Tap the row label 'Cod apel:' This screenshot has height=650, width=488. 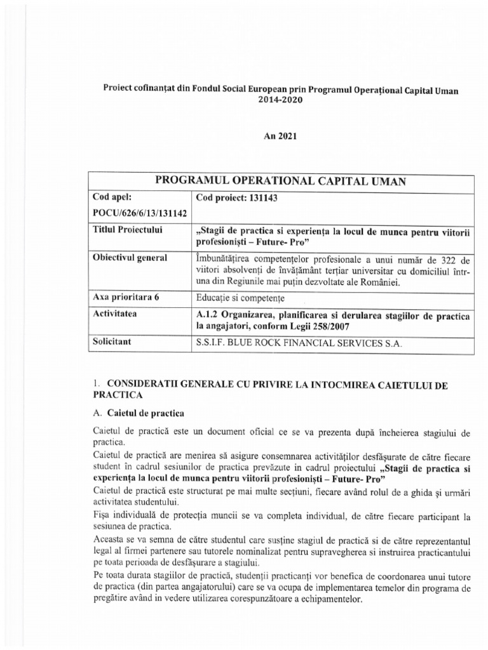pos(112,197)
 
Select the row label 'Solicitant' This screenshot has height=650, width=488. pos(114,342)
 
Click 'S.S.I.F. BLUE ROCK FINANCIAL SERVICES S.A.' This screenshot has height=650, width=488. pos(299,343)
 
